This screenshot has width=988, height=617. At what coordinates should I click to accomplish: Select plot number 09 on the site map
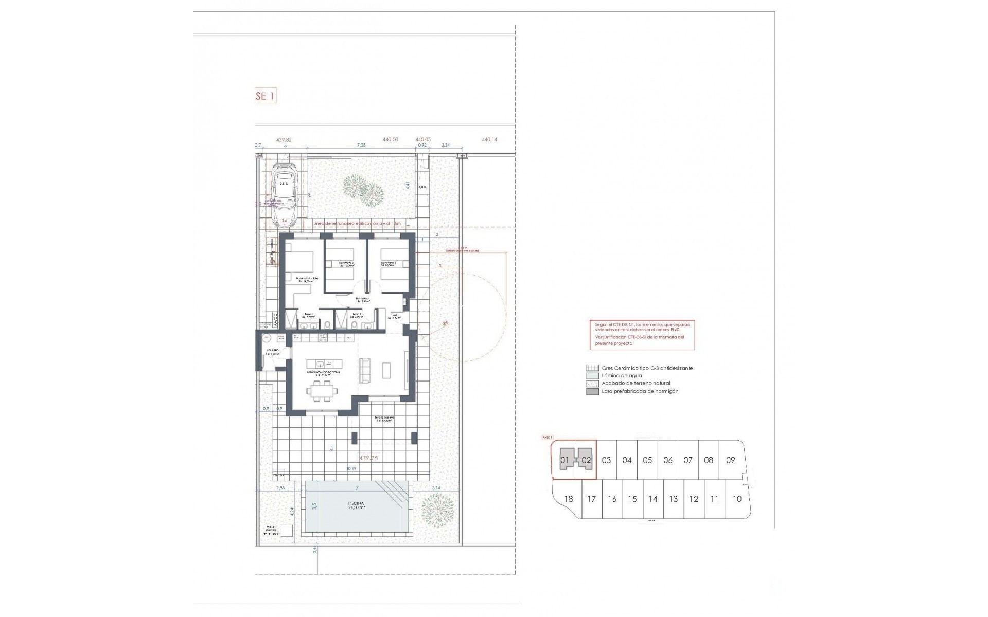coord(730,460)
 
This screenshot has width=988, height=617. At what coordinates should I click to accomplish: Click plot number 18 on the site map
coord(568,499)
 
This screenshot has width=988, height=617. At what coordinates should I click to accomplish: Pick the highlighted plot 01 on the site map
coord(564,460)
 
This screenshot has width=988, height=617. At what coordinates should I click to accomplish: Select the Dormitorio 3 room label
coord(389,264)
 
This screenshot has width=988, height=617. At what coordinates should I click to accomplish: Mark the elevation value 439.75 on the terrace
coord(368,457)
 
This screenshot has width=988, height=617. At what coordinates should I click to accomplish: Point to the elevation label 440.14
coord(489,139)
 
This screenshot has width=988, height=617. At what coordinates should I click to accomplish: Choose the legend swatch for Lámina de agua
coord(592,376)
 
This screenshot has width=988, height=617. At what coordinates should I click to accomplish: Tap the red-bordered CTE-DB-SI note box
coord(642,335)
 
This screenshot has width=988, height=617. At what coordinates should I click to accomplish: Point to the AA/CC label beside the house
coord(275,320)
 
